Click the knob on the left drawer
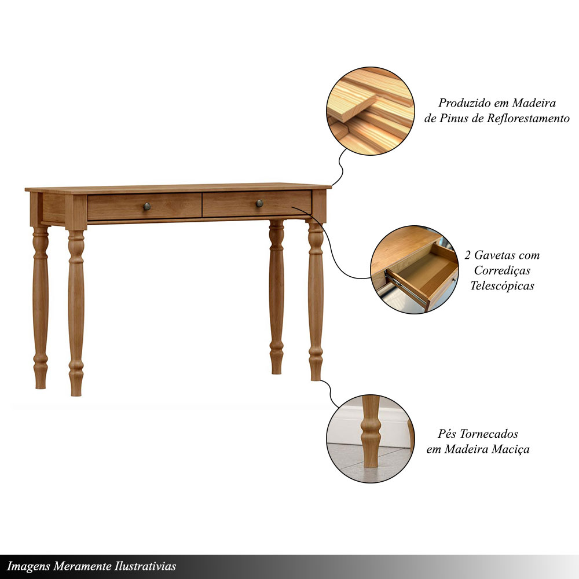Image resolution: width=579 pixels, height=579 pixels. (147, 207)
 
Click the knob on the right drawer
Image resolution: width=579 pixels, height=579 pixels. (259, 203)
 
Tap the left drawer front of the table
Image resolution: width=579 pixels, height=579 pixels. (144, 207)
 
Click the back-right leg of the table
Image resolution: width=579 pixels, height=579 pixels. (277, 297)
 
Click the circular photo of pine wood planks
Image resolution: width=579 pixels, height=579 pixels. (371, 111)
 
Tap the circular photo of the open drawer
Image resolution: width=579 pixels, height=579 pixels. (415, 270)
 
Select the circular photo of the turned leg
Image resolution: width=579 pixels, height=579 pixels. (371, 439)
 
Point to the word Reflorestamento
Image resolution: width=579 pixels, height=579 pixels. (528, 118)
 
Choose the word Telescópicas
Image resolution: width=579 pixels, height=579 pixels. (502, 285)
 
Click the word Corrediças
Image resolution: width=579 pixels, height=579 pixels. (502, 270)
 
